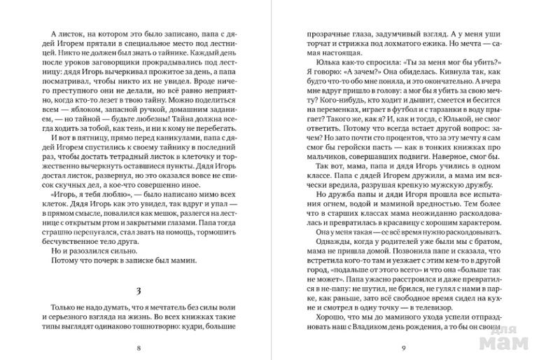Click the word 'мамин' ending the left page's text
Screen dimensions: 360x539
coord(181,261)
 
